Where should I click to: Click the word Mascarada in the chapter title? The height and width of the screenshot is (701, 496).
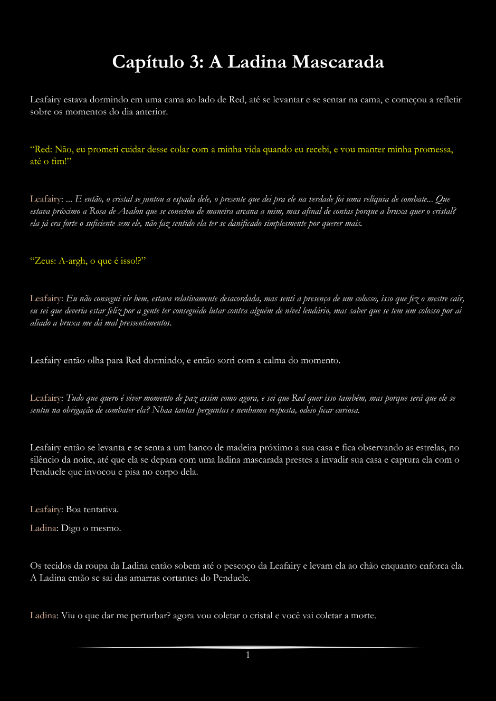[338, 62]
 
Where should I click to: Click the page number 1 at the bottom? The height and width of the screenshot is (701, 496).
[247, 655]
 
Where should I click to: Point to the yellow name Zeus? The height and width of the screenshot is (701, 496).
[45, 261]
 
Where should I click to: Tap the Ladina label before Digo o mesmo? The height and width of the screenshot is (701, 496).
[43, 528]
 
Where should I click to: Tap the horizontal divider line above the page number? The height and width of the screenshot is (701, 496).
[247, 647]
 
